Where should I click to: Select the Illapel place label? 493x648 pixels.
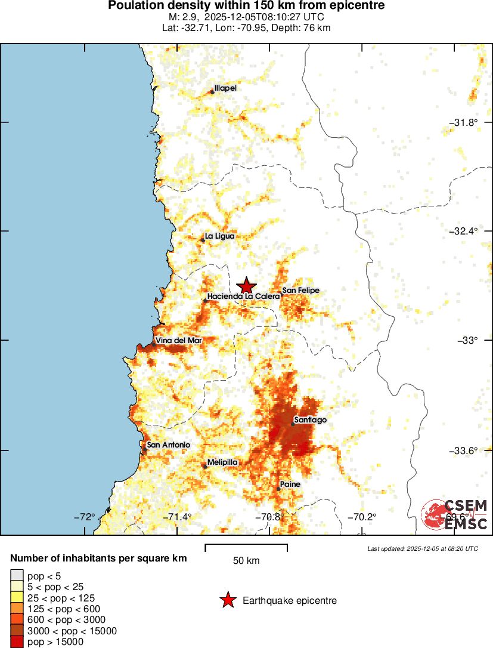225,88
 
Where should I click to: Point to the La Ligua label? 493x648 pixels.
219,236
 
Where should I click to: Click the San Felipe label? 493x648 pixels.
301,291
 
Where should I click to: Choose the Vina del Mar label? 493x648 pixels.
179,340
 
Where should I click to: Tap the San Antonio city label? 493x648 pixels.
168,445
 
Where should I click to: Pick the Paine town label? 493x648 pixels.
290,484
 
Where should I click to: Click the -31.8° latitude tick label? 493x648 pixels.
464,122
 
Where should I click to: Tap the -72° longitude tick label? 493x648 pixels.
85,517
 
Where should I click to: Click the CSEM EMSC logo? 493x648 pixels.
454,514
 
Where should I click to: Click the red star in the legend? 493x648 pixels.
227,601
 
